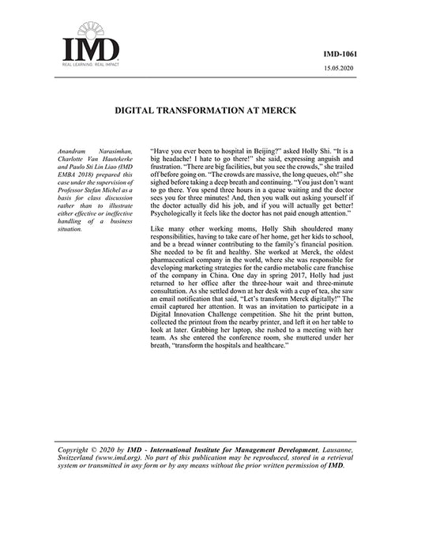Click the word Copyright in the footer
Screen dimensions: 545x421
click(x=77, y=449)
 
